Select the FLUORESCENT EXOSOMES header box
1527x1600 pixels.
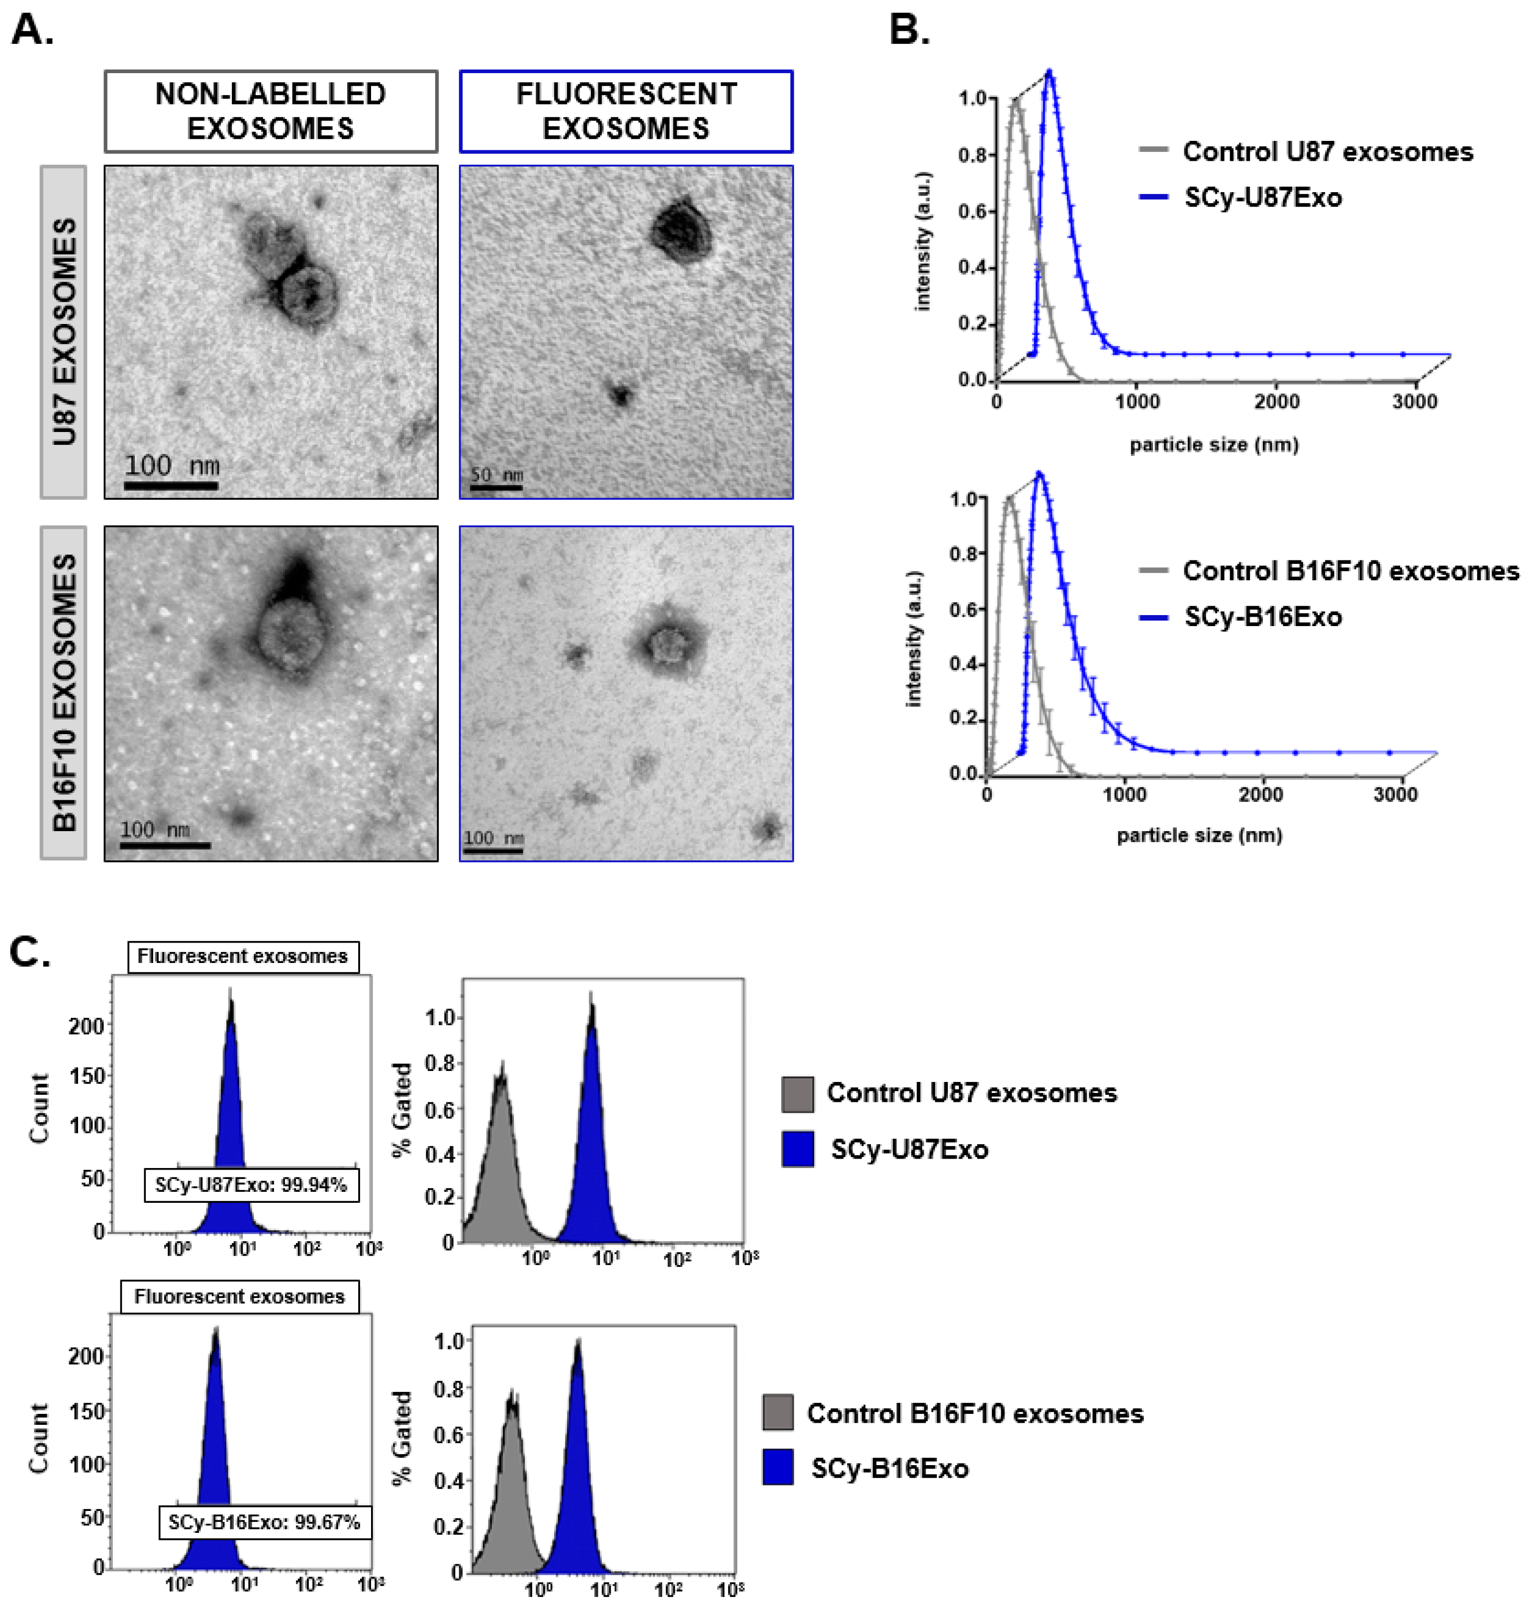click(626, 111)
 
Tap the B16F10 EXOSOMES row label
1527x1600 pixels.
click(64, 692)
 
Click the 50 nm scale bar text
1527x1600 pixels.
click(496, 475)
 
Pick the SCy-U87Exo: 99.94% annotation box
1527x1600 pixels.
click(251, 1185)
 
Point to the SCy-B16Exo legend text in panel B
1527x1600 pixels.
click(1262, 617)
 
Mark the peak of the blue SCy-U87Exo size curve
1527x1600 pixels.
click(1050, 73)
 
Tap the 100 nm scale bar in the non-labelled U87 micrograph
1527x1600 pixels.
click(171, 485)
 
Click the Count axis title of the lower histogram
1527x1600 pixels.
click(38, 1438)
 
